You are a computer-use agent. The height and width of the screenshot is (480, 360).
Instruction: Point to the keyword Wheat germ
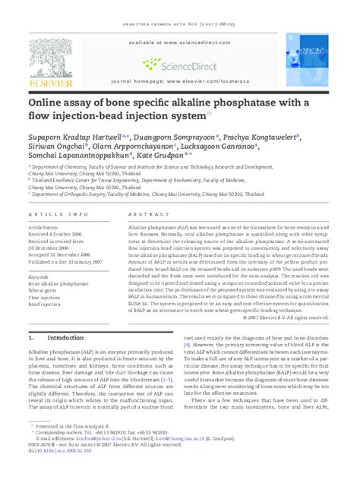click(x=43, y=289)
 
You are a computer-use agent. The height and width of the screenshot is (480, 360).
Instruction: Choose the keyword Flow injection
click(x=45, y=297)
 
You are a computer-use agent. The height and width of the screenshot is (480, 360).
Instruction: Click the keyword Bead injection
click(x=45, y=305)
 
